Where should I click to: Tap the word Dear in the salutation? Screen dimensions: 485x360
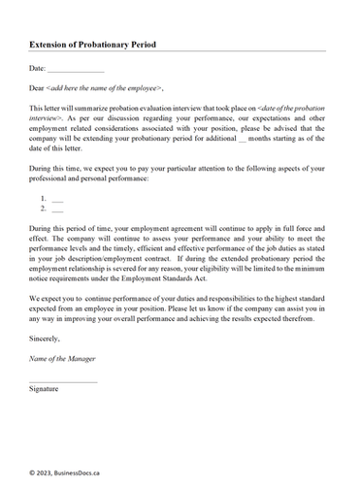tap(39, 87)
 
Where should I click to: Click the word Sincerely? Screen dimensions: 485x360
tap(45, 339)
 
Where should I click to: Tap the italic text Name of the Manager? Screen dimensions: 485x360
tap(65, 359)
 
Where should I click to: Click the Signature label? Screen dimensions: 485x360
tap(46, 388)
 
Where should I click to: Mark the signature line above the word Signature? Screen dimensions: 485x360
tap(63, 381)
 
